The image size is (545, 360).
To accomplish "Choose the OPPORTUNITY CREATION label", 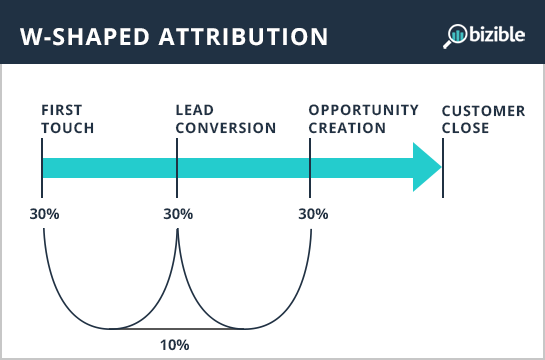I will [361, 119].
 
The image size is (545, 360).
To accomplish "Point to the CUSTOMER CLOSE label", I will [483, 119].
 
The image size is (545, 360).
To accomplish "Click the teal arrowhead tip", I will [436, 166].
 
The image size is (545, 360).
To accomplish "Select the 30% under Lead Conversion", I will [177, 214].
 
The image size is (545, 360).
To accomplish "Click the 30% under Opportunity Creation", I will [313, 214].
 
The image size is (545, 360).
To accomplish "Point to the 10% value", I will [175, 345].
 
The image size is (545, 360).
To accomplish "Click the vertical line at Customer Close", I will [443, 165].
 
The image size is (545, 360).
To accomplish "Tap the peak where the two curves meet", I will [177, 232].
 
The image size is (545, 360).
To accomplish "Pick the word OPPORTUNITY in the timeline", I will [361, 110].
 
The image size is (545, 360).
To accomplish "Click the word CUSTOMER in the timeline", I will [483, 110].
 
